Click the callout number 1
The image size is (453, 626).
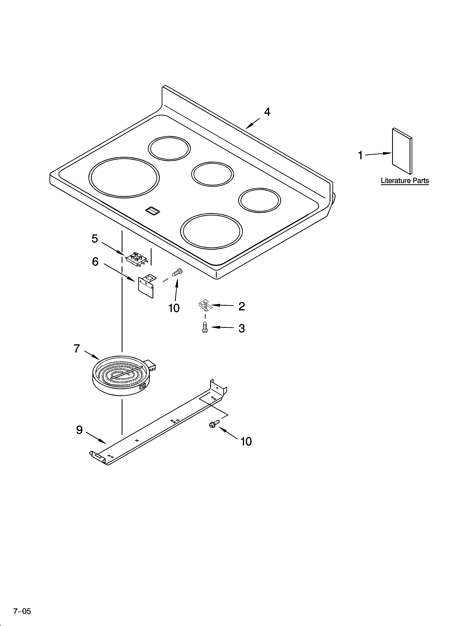click(360, 155)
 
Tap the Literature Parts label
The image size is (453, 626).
click(405, 181)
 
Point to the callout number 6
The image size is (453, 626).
click(95, 261)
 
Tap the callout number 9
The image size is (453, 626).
click(79, 430)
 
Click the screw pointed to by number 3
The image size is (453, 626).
click(205, 327)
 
